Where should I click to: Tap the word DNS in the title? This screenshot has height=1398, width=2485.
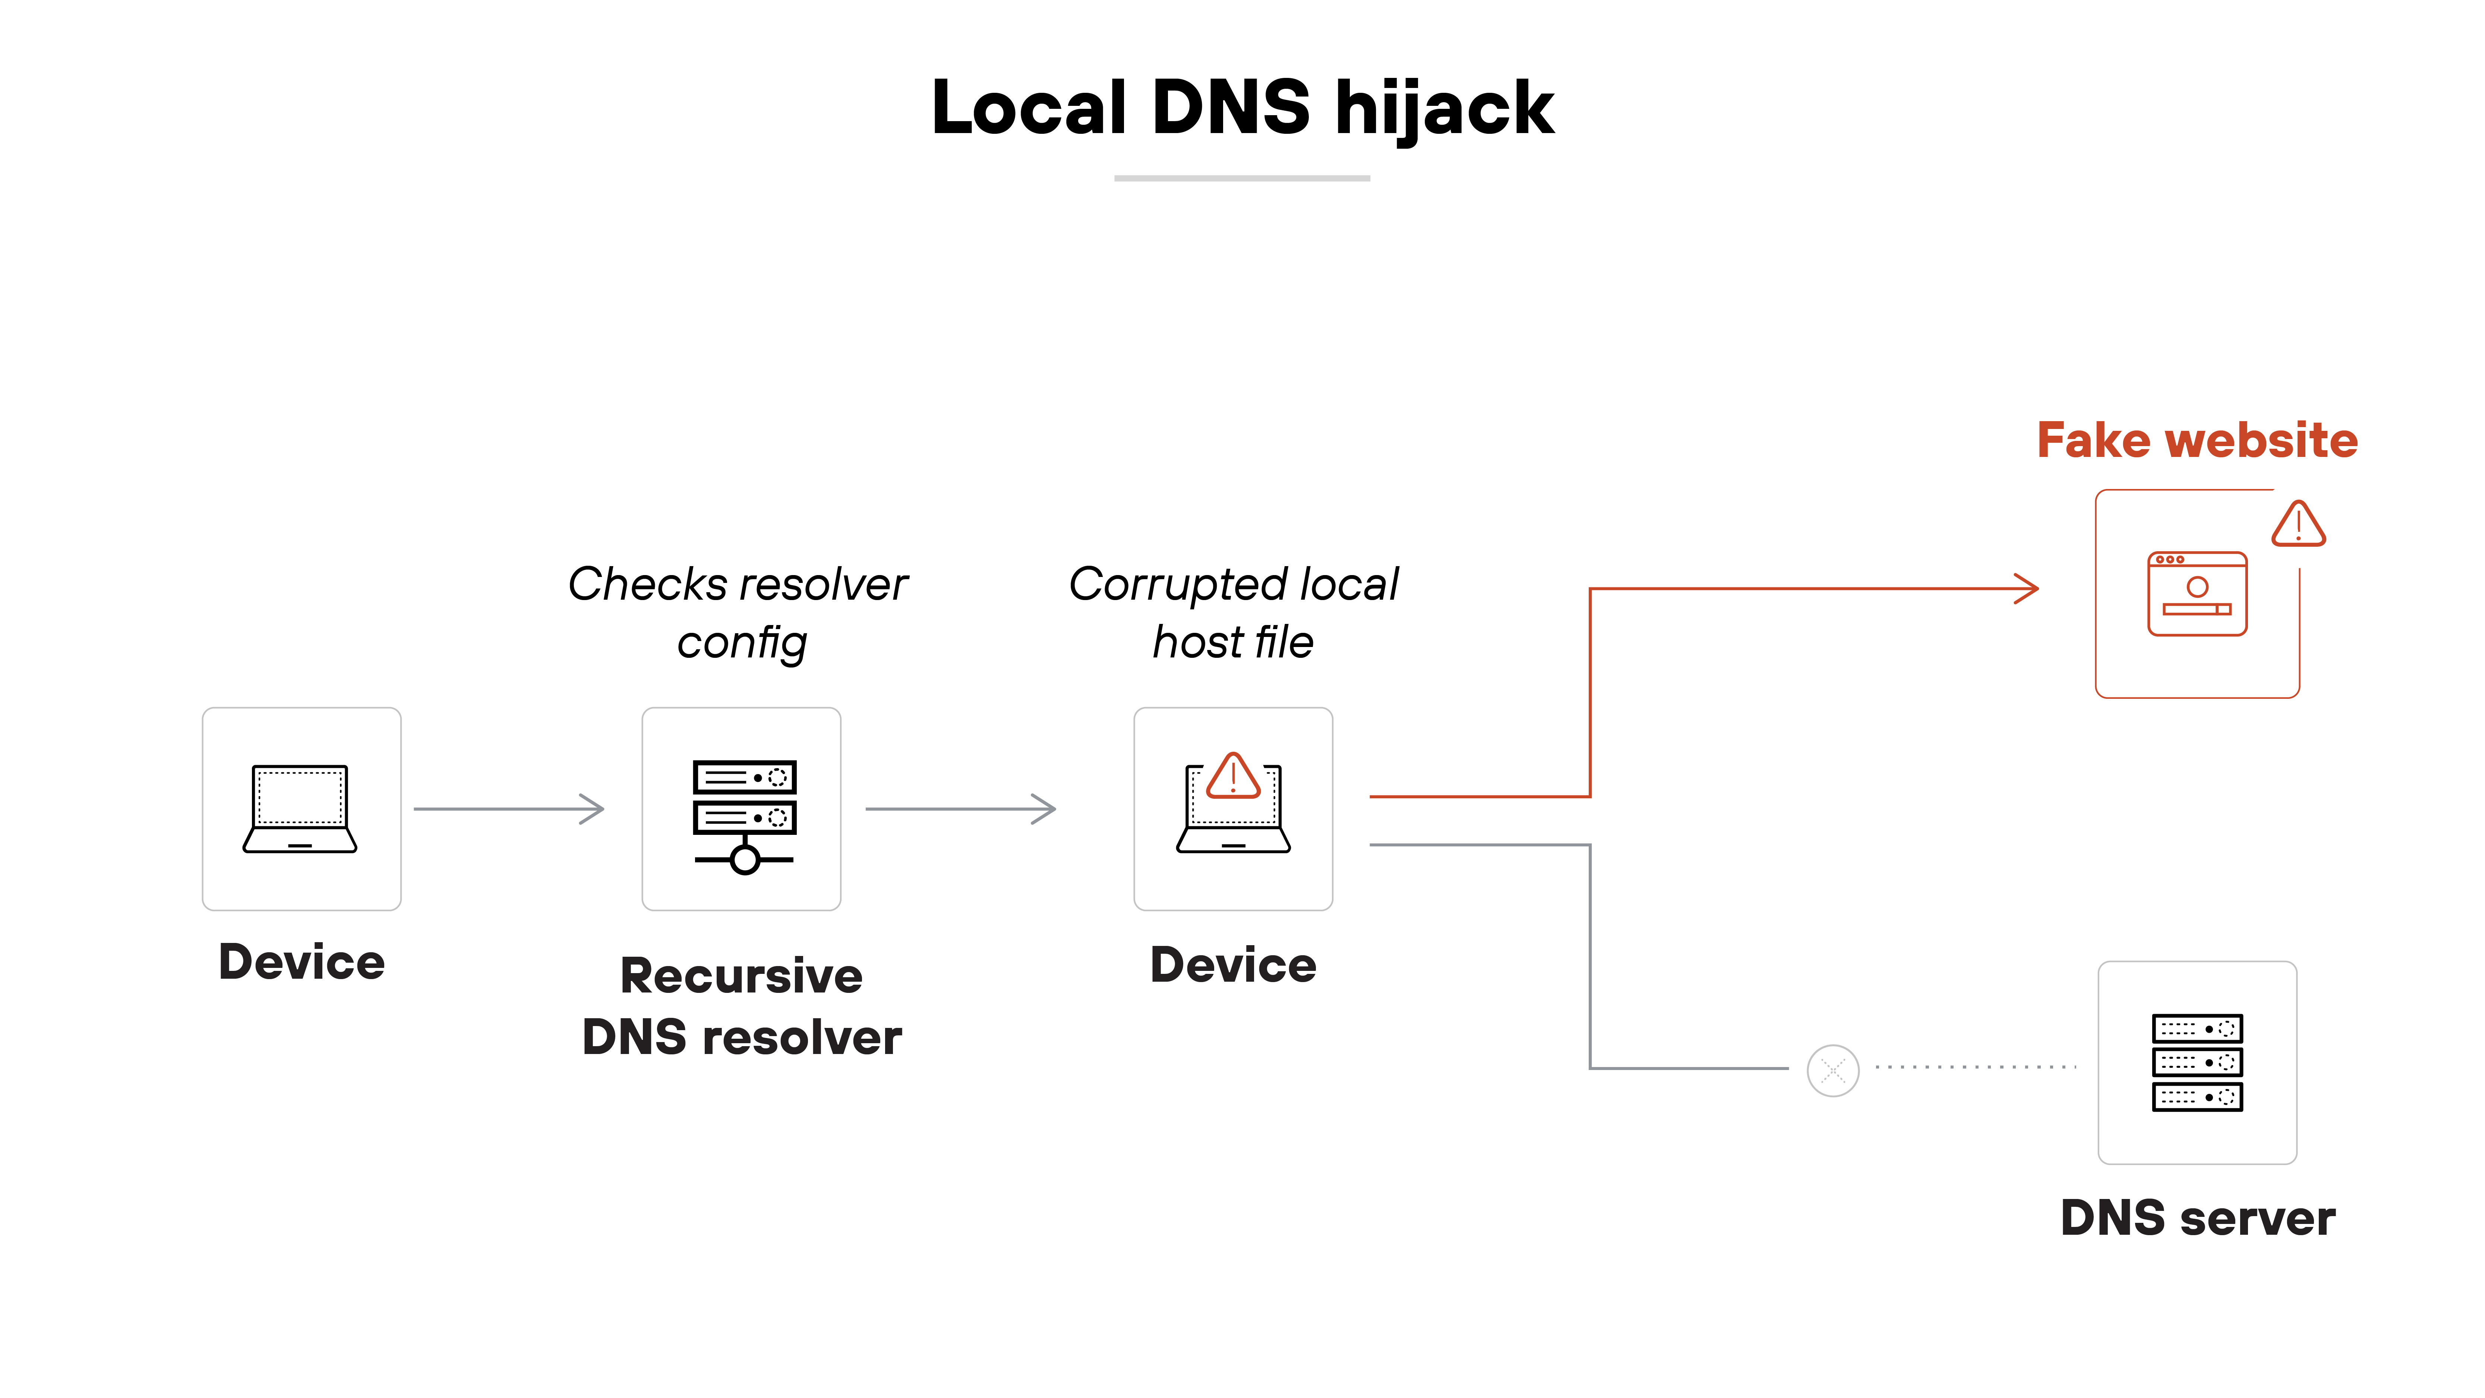coord(1230,108)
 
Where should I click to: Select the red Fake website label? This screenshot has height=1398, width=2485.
coord(2197,441)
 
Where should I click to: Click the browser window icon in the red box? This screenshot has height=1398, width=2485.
coord(2197,593)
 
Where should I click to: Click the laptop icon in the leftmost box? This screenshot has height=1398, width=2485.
coord(300,808)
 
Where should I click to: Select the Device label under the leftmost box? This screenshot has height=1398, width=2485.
coord(302,962)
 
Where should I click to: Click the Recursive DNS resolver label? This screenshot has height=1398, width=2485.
coord(742,1006)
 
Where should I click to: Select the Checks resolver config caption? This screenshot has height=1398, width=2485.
coord(739,613)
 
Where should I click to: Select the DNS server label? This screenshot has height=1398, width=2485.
coord(2197,1218)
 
